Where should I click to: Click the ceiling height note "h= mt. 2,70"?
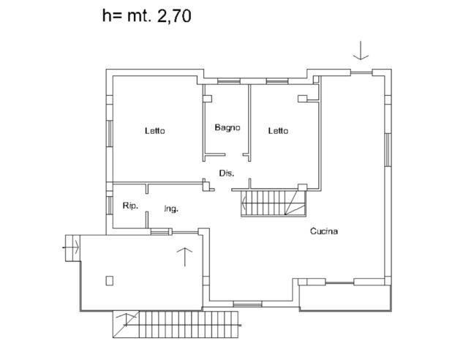coord(146,16)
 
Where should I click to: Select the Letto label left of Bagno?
coord(154,131)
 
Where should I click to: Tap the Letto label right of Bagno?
coord(277,131)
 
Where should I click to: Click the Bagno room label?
coord(227,127)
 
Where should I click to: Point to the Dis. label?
coord(227,173)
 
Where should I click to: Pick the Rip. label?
coord(130,206)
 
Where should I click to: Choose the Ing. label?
coord(171,209)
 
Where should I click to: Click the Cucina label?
coord(323,232)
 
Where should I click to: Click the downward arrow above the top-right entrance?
coord(361,50)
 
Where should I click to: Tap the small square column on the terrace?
coord(110,280)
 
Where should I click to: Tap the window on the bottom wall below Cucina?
coord(247,303)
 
